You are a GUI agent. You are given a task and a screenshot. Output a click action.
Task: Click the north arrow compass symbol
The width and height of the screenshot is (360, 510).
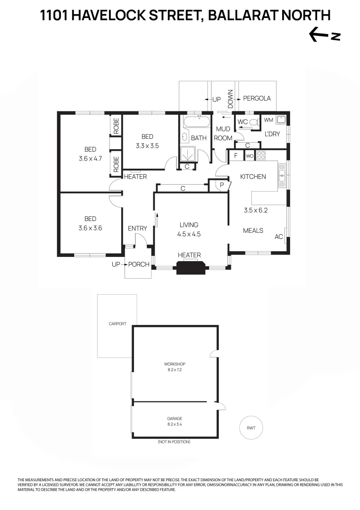coord(324,34)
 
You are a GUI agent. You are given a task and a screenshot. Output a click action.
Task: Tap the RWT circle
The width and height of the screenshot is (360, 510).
coord(251,428)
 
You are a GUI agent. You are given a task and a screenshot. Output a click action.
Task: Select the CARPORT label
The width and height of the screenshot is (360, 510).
coord(117,324)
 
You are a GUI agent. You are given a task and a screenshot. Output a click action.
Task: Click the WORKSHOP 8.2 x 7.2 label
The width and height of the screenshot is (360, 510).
coord(174,367)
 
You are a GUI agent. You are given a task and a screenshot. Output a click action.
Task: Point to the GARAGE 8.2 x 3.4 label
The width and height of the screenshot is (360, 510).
coord(174,421)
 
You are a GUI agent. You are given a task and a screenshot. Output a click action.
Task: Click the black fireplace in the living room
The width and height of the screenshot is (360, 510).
coord(190,267)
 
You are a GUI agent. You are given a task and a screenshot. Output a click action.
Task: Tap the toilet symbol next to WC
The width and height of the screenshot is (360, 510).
coord(254,122)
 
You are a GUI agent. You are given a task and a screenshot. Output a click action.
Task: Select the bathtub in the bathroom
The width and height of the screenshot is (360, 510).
coord(196,122)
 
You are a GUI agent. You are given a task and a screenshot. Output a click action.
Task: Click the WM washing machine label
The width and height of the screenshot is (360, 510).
coord(268,120)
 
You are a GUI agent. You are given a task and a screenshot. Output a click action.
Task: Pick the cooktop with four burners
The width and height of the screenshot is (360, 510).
coord(261,155)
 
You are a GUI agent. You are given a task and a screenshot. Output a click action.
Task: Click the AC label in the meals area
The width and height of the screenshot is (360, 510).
coord(278,237)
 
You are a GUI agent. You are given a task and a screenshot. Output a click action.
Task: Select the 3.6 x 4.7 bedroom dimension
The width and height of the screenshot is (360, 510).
coord(91,159)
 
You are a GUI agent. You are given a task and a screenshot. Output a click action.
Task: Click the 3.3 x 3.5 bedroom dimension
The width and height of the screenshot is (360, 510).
coord(147,145)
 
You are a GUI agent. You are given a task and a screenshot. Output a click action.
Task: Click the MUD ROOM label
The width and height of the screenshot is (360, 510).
coord(223,134)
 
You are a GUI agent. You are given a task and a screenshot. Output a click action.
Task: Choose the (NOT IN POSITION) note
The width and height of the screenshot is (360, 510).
coord(174,442)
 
